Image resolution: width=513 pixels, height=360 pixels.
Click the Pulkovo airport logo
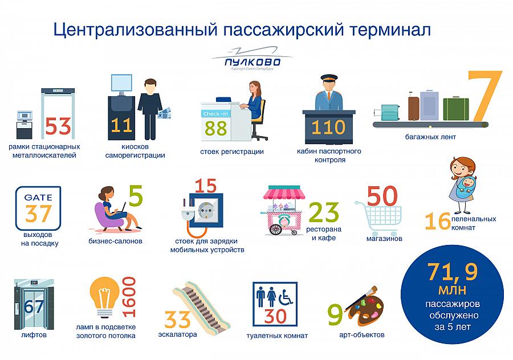click(x=251, y=59)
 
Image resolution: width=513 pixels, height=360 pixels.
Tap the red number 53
click(x=58, y=126)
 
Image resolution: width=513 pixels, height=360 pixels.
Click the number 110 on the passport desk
click(x=328, y=127)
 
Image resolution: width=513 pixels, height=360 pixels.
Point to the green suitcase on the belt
click(x=456, y=109)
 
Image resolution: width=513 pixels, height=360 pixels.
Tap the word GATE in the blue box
click(x=38, y=197)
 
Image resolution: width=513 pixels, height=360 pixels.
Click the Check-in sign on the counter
click(x=215, y=114)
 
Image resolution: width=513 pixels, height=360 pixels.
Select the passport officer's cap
click(x=329, y=78)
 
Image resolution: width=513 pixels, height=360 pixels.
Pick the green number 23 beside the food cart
click(x=324, y=212)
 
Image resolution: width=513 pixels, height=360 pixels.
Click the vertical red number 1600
click(x=129, y=297)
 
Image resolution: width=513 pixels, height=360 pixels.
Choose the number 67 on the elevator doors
click(x=34, y=306)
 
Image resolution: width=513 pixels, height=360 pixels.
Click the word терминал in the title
click(x=390, y=30)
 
